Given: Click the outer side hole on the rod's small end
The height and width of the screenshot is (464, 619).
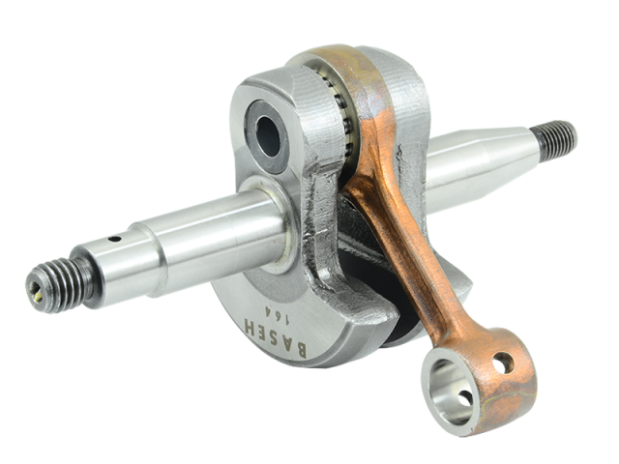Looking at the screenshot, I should (x=500, y=362).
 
